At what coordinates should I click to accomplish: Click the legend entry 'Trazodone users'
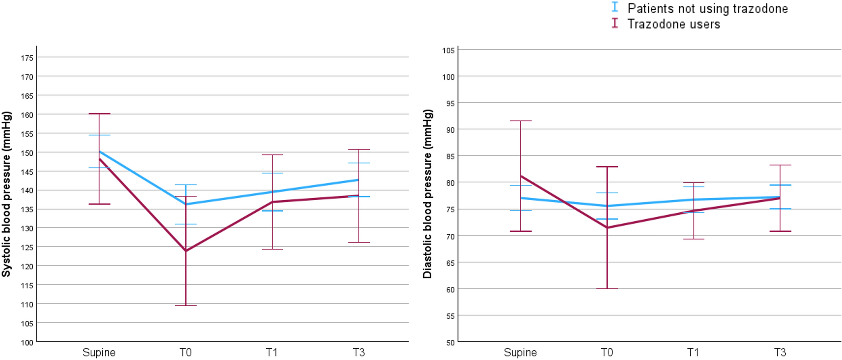click(x=673, y=24)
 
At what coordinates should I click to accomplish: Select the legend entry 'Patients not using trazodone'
click(x=707, y=8)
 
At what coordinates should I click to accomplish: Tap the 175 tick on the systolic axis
click(x=27, y=58)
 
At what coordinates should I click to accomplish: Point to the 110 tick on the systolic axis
click(x=27, y=305)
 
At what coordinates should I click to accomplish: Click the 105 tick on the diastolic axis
click(x=448, y=50)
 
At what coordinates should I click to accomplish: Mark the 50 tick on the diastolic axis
click(x=450, y=343)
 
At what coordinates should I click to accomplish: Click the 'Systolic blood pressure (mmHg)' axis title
click(x=6, y=194)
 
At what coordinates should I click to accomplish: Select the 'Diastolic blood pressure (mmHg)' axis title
click(x=427, y=194)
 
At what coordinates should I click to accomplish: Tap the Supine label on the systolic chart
click(x=99, y=353)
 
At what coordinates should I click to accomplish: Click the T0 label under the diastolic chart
click(x=607, y=353)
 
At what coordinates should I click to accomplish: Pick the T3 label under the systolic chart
click(x=358, y=353)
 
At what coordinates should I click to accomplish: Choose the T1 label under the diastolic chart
click(x=693, y=353)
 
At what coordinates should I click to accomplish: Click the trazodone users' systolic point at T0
click(x=186, y=251)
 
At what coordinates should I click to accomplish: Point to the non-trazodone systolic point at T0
click(x=186, y=204)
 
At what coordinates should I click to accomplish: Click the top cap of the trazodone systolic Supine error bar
click(x=99, y=114)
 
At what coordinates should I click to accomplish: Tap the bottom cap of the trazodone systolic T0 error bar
click(x=186, y=305)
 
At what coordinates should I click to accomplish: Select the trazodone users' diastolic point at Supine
click(x=521, y=176)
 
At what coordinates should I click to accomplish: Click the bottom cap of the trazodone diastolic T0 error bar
click(x=607, y=288)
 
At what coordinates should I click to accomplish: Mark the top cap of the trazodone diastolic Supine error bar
click(x=521, y=121)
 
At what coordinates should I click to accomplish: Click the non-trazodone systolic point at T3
click(x=358, y=180)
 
